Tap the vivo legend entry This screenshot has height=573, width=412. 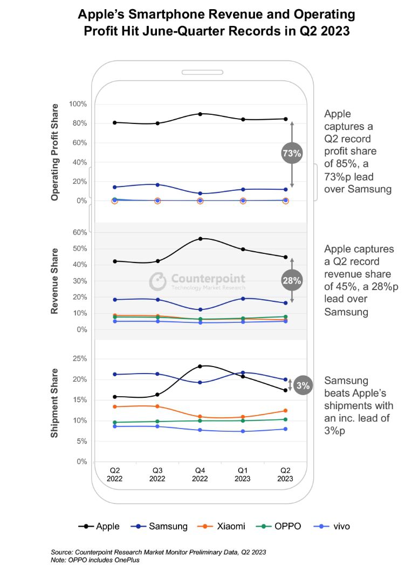click(332, 526)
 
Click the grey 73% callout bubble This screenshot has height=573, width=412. click(292, 154)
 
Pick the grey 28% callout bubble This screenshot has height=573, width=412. click(292, 280)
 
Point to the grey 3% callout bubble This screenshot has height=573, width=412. click(303, 385)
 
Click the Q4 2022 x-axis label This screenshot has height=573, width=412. click(200, 474)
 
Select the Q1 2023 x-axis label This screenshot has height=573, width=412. click(243, 474)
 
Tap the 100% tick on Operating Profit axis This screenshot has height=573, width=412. click(77, 103)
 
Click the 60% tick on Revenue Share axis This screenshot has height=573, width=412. click(79, 232)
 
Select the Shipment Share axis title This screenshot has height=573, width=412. click(55, 403)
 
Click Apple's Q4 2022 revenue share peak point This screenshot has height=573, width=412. click(200, 238)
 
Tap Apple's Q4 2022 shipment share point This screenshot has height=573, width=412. click(200, 367)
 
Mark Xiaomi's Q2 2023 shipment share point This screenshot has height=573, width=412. click(285, 411)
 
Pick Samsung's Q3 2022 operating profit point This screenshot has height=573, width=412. click(157, 185)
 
